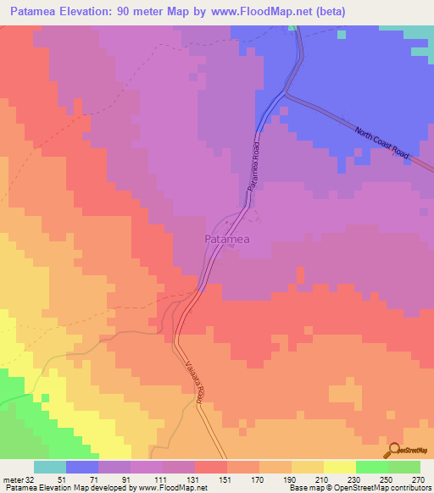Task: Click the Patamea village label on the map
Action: click(x=227, y=240)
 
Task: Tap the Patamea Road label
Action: click(x=252, y=166)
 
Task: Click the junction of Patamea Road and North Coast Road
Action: click(x=287, y=93)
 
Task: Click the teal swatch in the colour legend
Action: click(x=50, y=468)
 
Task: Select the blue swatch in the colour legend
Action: click(x=82, y=468)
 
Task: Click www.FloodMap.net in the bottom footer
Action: click(x=166, y=487)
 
